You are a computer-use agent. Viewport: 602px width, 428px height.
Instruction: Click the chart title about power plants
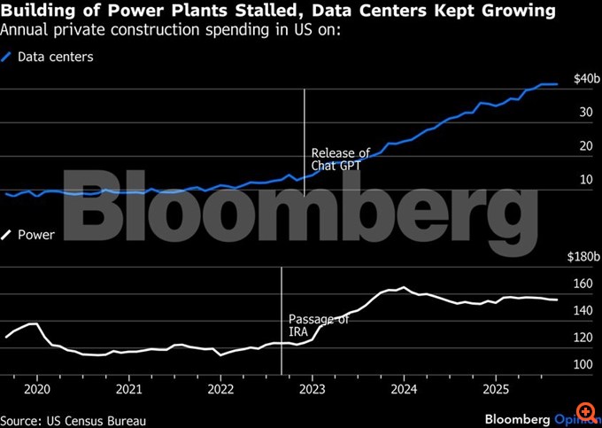(x=279, y=12)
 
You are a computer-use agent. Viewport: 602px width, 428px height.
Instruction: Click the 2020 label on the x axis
(x=38, y=389)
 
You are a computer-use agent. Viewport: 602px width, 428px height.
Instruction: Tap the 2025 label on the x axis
(x=496, y=389)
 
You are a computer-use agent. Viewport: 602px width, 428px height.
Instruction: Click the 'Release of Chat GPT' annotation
(x=341, y=160)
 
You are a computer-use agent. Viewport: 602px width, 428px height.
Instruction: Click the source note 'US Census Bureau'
(x=73, y=420)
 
